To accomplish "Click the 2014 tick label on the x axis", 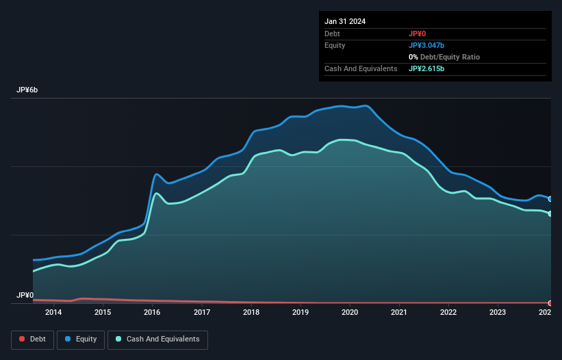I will [53, 313].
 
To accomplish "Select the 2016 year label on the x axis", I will [152, 313].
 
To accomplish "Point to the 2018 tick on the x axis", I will [251, 313].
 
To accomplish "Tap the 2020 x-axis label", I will [350, 313].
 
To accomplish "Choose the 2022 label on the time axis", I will [448, 313].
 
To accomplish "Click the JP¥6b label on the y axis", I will [27, 90].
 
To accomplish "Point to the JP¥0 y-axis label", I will [25, 296].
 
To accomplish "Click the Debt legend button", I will [31, 339].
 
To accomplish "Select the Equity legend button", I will [81, 339].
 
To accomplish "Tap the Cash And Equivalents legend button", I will [157, 339].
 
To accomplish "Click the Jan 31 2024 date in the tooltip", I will [345, 21].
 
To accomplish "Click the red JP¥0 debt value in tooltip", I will [418, 34].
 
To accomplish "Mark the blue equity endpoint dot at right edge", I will [550, 198].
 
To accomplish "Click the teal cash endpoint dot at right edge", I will [550, 214].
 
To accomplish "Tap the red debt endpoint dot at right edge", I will [550, 303].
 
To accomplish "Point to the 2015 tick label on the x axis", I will [103, 313].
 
